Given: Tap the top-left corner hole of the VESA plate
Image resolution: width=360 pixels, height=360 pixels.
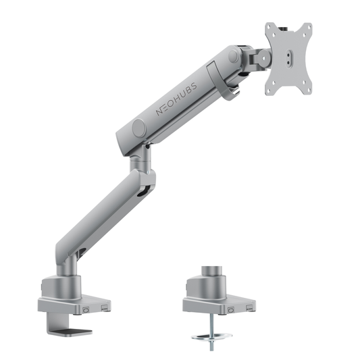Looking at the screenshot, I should coord(271,29).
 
